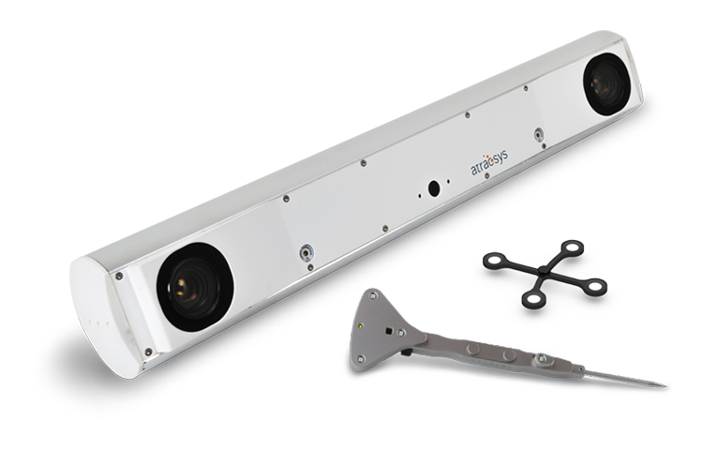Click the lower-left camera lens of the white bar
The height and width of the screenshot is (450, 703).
(x=195, y=287)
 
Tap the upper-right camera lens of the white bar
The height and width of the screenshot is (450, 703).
(x=606, y=84)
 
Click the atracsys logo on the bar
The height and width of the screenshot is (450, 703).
(x=488, y=162)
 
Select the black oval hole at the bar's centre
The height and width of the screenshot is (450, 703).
(x=434, y=188)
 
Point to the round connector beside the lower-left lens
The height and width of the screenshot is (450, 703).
(x=307, y=254)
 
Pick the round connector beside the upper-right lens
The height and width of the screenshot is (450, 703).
(x=538, y=134)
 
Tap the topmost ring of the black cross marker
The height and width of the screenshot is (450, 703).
(x=572, y=247)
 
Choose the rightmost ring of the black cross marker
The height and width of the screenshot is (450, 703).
(x=595, y=287)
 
